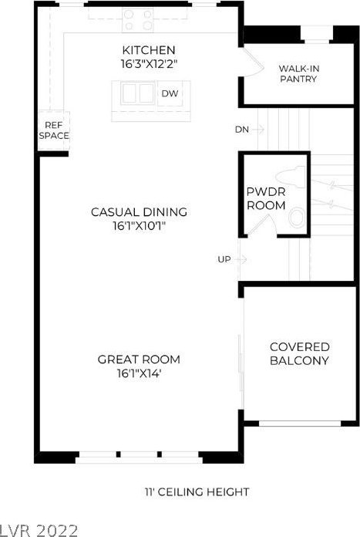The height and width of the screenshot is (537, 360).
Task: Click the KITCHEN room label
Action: coord(149,50)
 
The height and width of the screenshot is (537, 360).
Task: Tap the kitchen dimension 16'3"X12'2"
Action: coord(150,64)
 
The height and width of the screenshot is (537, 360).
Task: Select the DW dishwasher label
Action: coord(170,93)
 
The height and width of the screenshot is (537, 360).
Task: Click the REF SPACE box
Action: coord(54,130)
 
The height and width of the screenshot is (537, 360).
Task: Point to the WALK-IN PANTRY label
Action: coord(299,73)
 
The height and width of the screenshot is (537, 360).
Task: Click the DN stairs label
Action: coord(241,130)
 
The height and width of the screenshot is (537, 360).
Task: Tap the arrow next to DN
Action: coord(258,130)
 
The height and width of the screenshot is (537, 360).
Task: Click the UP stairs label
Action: coord(224,259)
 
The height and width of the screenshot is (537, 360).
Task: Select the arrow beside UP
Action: coord(241,259)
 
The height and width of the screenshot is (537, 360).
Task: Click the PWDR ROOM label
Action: coord(266,198)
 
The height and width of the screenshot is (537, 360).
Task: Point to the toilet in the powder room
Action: coord(290,175)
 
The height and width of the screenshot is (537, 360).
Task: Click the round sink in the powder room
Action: coord(296,218)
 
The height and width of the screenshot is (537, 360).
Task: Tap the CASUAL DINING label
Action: coord(139,212)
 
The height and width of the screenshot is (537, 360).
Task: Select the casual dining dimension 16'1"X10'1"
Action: coord(140,226)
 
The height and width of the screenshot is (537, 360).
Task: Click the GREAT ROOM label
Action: coord(139,360)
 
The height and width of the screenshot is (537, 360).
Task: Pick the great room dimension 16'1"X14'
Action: coord(139,373)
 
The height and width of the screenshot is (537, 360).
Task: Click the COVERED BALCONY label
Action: coord(299,353)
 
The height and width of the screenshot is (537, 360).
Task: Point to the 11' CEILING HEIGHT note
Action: coord(197,492)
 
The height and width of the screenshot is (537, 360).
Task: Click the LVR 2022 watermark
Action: coord(39,530)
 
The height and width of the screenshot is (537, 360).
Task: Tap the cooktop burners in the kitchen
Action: coord(138,20)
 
